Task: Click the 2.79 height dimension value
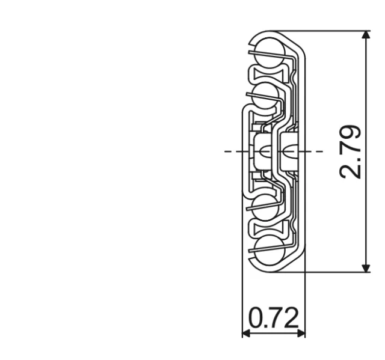pos(351,151)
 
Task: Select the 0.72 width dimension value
pos(273,318)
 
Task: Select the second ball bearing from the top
pos(266,96)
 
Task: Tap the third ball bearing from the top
pos(266,207)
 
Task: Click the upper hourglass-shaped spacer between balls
pos(266,75)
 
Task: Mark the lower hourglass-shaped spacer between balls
pos(266,228)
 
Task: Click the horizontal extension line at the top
pos(331,31)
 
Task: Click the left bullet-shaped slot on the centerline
pos(263,151)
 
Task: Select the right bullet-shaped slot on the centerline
pos(288,151)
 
